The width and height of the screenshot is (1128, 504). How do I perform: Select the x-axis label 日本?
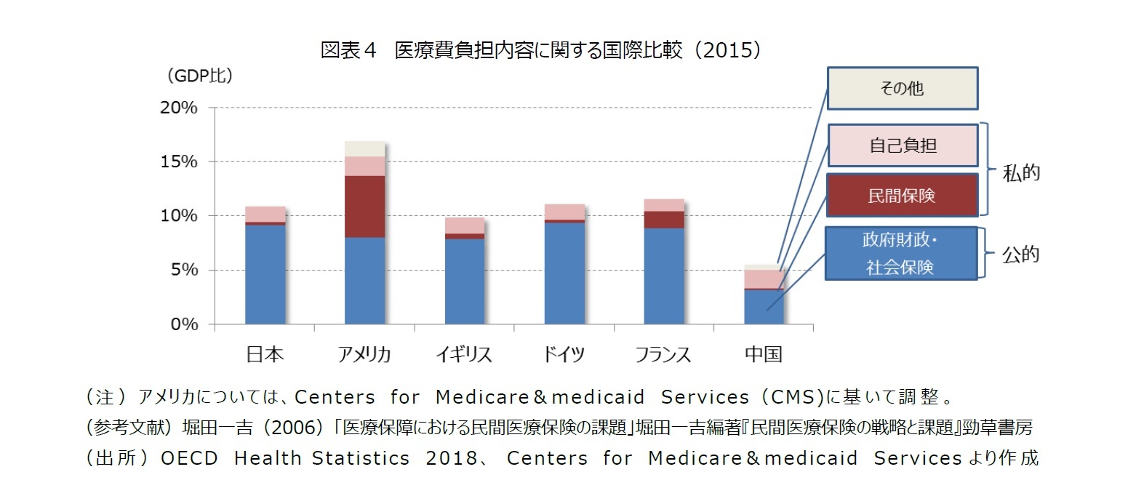click(x=265, y=354)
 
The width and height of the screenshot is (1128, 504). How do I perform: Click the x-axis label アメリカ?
click(x=364, y=354)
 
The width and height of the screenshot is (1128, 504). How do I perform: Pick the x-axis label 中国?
click(x=763, y=354)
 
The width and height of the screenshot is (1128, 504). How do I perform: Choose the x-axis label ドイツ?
click(x=564, y=354)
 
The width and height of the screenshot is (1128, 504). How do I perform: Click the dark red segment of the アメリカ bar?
click(x=364, y=207)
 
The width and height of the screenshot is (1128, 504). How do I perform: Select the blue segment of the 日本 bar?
click(x=265, y=274)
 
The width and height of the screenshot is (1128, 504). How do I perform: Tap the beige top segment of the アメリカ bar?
click(x=364, y=149)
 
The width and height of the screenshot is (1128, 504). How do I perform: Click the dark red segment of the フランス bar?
click(x=663, y=220)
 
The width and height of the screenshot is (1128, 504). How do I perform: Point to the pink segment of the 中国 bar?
click(x=763, y=279)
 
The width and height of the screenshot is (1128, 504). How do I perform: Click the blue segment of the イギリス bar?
click(x=464, y=281)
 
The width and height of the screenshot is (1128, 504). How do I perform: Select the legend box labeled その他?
click(x=901, y=89)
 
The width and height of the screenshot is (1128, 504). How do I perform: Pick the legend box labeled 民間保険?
click(x=901, y=195)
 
